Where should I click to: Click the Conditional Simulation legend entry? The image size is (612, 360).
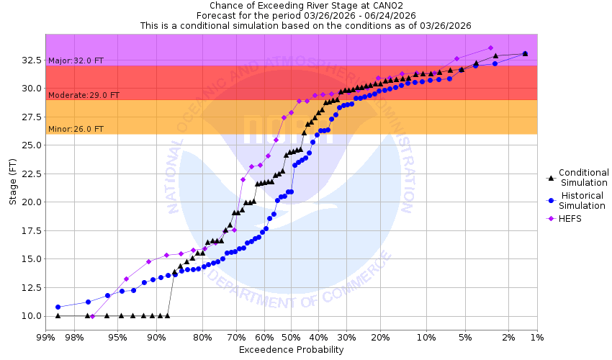coord(583,177)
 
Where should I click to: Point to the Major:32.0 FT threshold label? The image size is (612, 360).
coord(76,61)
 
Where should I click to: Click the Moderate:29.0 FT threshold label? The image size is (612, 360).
coord(84,95)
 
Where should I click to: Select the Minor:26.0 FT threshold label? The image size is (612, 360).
coord(76,130)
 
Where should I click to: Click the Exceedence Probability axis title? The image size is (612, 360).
coord(291,350)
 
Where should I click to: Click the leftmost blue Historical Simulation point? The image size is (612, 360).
coord(58,307)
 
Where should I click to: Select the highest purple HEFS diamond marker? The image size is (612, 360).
coord(490,48)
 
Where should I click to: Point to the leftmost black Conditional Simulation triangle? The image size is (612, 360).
coord(58,315)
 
